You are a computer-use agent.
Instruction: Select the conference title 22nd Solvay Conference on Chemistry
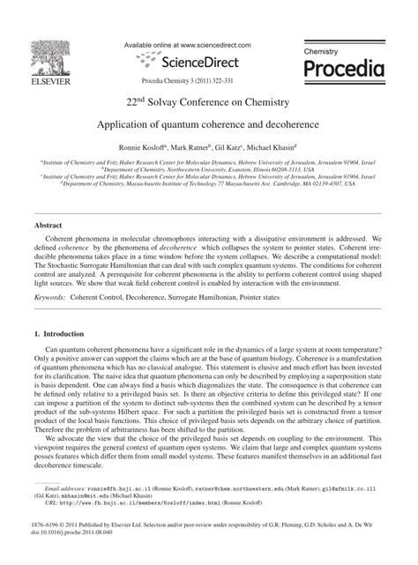tap(208, 102)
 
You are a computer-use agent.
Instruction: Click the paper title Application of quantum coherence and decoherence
tap(208, 125)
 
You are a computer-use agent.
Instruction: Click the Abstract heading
tap(48, 226)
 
